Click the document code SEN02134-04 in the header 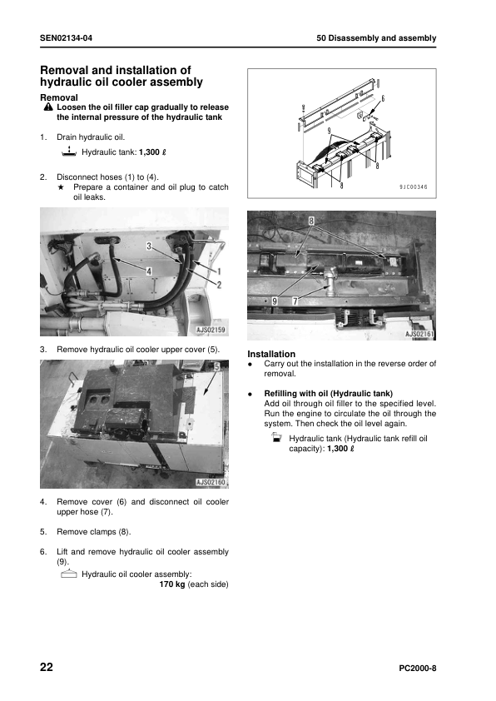coord(66,38)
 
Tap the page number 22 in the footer coord(47,667)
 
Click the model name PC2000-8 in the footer coord(417,669)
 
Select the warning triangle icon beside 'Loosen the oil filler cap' coord(48,107)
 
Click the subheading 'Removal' coord(59,97)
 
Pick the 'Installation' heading coord(271,354)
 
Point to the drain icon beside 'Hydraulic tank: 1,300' coord(69,152)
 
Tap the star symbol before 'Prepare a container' coord(62,187)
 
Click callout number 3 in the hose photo coord(149,246)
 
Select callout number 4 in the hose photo coord(149,271)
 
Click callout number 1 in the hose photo coord(219,271)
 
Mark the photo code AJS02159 coord(211,330)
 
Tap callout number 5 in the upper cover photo coord(216,366)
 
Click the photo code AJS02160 coord(211,482)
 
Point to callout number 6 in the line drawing coord(383,98)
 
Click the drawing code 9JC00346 coord(414,186)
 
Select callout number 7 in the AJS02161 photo coord(295,301)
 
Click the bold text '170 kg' coord(172,584)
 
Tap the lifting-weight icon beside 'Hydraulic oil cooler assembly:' coord(69,574)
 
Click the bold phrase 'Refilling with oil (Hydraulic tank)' coord(329,394)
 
